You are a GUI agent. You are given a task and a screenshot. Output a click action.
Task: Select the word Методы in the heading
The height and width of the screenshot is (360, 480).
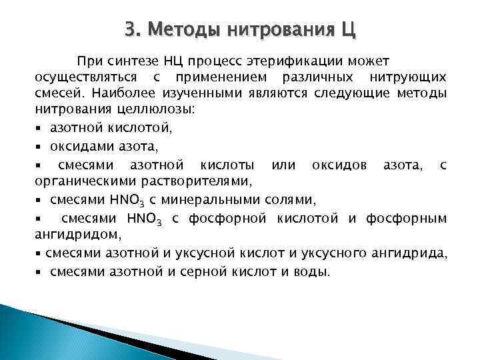coord(181,30)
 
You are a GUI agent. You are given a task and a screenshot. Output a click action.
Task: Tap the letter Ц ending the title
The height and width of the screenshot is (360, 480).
coord(348,30)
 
